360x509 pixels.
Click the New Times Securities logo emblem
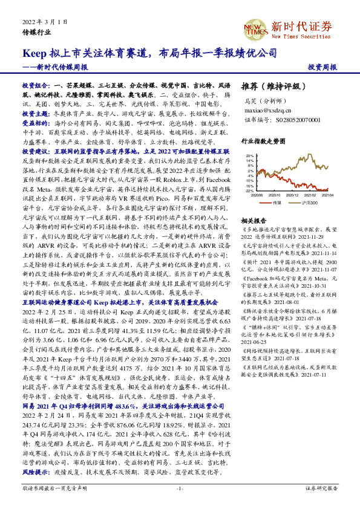(x=255, y=27)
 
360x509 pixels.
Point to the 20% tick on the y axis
(x=250, y=155)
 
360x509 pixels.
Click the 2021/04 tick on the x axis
(x=328, y=195)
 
